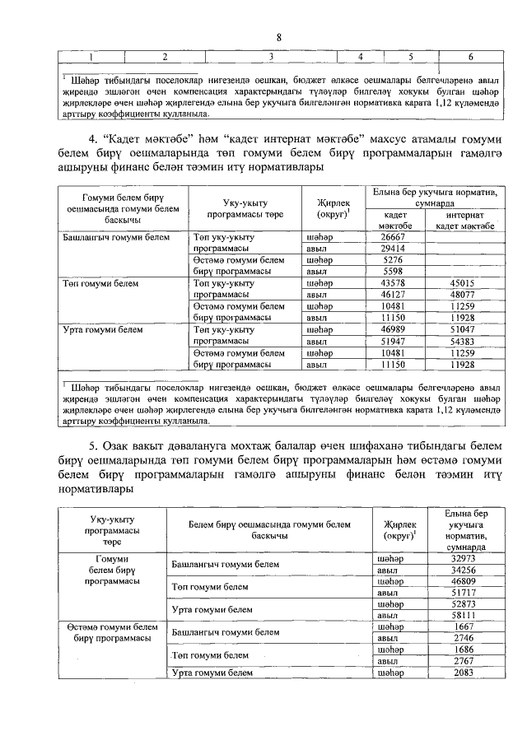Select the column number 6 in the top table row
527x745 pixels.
point(469,57)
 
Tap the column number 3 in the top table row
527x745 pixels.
point(271,57)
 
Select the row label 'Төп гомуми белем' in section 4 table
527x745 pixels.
point(97,283)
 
